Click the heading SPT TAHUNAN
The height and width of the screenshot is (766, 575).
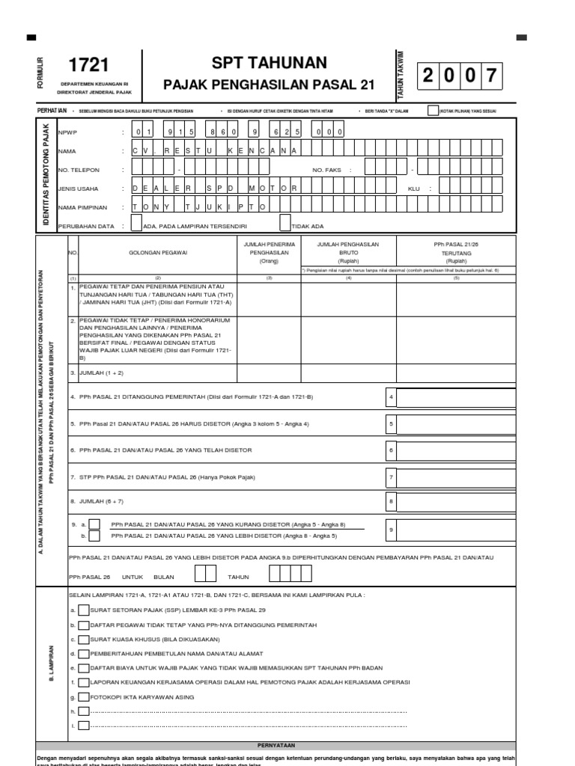[269, 64]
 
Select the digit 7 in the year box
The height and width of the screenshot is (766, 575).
[490, 76]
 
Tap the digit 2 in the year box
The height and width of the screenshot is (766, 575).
[428, 76]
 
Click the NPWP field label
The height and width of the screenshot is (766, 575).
[67, 132]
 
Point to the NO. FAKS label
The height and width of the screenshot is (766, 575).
[326, 170]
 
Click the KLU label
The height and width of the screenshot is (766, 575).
[414, 189]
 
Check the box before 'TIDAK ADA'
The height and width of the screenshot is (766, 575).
[285, 224]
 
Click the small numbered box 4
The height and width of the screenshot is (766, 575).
[390, 396]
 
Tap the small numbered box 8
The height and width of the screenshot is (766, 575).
[390, 502]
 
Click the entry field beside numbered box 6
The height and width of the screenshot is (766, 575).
[455, 450]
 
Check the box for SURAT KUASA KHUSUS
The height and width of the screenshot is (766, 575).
[83, 640]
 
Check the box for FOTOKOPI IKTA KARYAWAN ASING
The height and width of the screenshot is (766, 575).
[83, 696]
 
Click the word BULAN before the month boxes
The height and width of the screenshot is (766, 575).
[163, 577]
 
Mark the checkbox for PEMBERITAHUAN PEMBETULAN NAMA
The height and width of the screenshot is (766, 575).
[83, 654]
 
